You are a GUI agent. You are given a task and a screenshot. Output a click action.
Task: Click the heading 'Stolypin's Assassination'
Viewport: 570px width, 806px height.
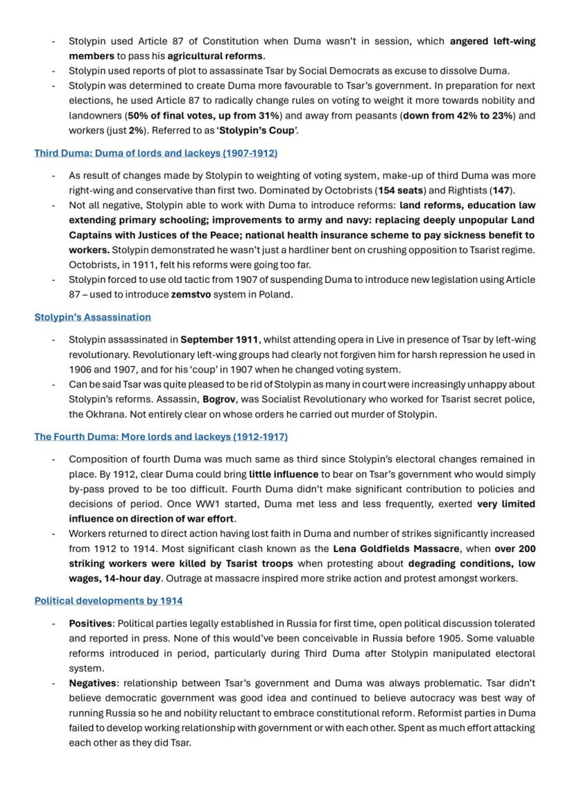[92, 317]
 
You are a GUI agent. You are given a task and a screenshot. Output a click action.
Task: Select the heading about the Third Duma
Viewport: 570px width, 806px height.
[156, 153]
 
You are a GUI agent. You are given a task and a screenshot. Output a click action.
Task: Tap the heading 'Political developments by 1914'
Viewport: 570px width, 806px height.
[108, 601]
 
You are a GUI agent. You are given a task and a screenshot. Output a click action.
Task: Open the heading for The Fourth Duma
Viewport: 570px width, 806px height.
[161, 437]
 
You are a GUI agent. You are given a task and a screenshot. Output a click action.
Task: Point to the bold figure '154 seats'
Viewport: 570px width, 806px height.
[401, 190]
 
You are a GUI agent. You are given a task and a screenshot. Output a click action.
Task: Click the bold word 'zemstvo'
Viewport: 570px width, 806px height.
[191, 295]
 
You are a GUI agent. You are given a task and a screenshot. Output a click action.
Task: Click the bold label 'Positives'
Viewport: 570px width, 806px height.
[90, 624]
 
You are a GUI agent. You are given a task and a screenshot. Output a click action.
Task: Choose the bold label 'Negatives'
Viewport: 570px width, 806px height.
[93, 683]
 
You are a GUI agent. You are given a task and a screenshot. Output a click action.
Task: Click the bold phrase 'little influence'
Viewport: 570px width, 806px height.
[284, 474]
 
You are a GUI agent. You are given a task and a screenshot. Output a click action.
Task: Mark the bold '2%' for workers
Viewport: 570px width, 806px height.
[136, 131]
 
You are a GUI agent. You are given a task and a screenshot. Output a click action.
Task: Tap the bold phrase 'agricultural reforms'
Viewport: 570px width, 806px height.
[215, 56]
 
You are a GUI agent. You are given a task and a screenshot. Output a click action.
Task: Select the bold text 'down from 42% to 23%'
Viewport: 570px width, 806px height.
[458, 116]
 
